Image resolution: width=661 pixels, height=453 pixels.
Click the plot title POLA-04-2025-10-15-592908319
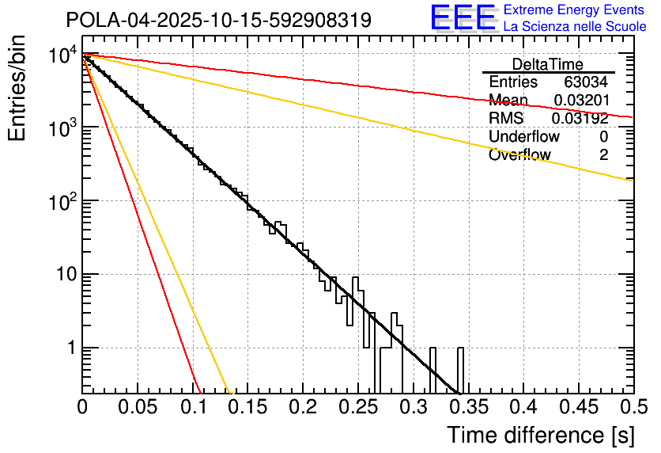point(218,21)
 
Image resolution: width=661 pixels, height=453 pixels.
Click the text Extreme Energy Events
point(574,10)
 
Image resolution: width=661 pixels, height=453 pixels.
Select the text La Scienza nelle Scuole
point(574,27)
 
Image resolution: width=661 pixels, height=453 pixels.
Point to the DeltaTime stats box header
point(547,64)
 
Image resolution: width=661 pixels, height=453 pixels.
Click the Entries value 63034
point(586,82)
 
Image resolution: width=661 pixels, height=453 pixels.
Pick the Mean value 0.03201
point(580,100)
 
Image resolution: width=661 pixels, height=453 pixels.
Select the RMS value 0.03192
point(580,118)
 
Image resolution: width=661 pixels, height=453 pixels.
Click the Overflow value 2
point(603,154)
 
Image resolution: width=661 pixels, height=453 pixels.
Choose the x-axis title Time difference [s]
point(540,435)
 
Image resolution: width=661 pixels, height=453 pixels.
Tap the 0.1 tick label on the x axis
point(192,407)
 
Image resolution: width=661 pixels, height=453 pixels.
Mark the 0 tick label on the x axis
point(82,407)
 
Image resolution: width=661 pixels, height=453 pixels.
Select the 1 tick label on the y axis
point(70,348)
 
